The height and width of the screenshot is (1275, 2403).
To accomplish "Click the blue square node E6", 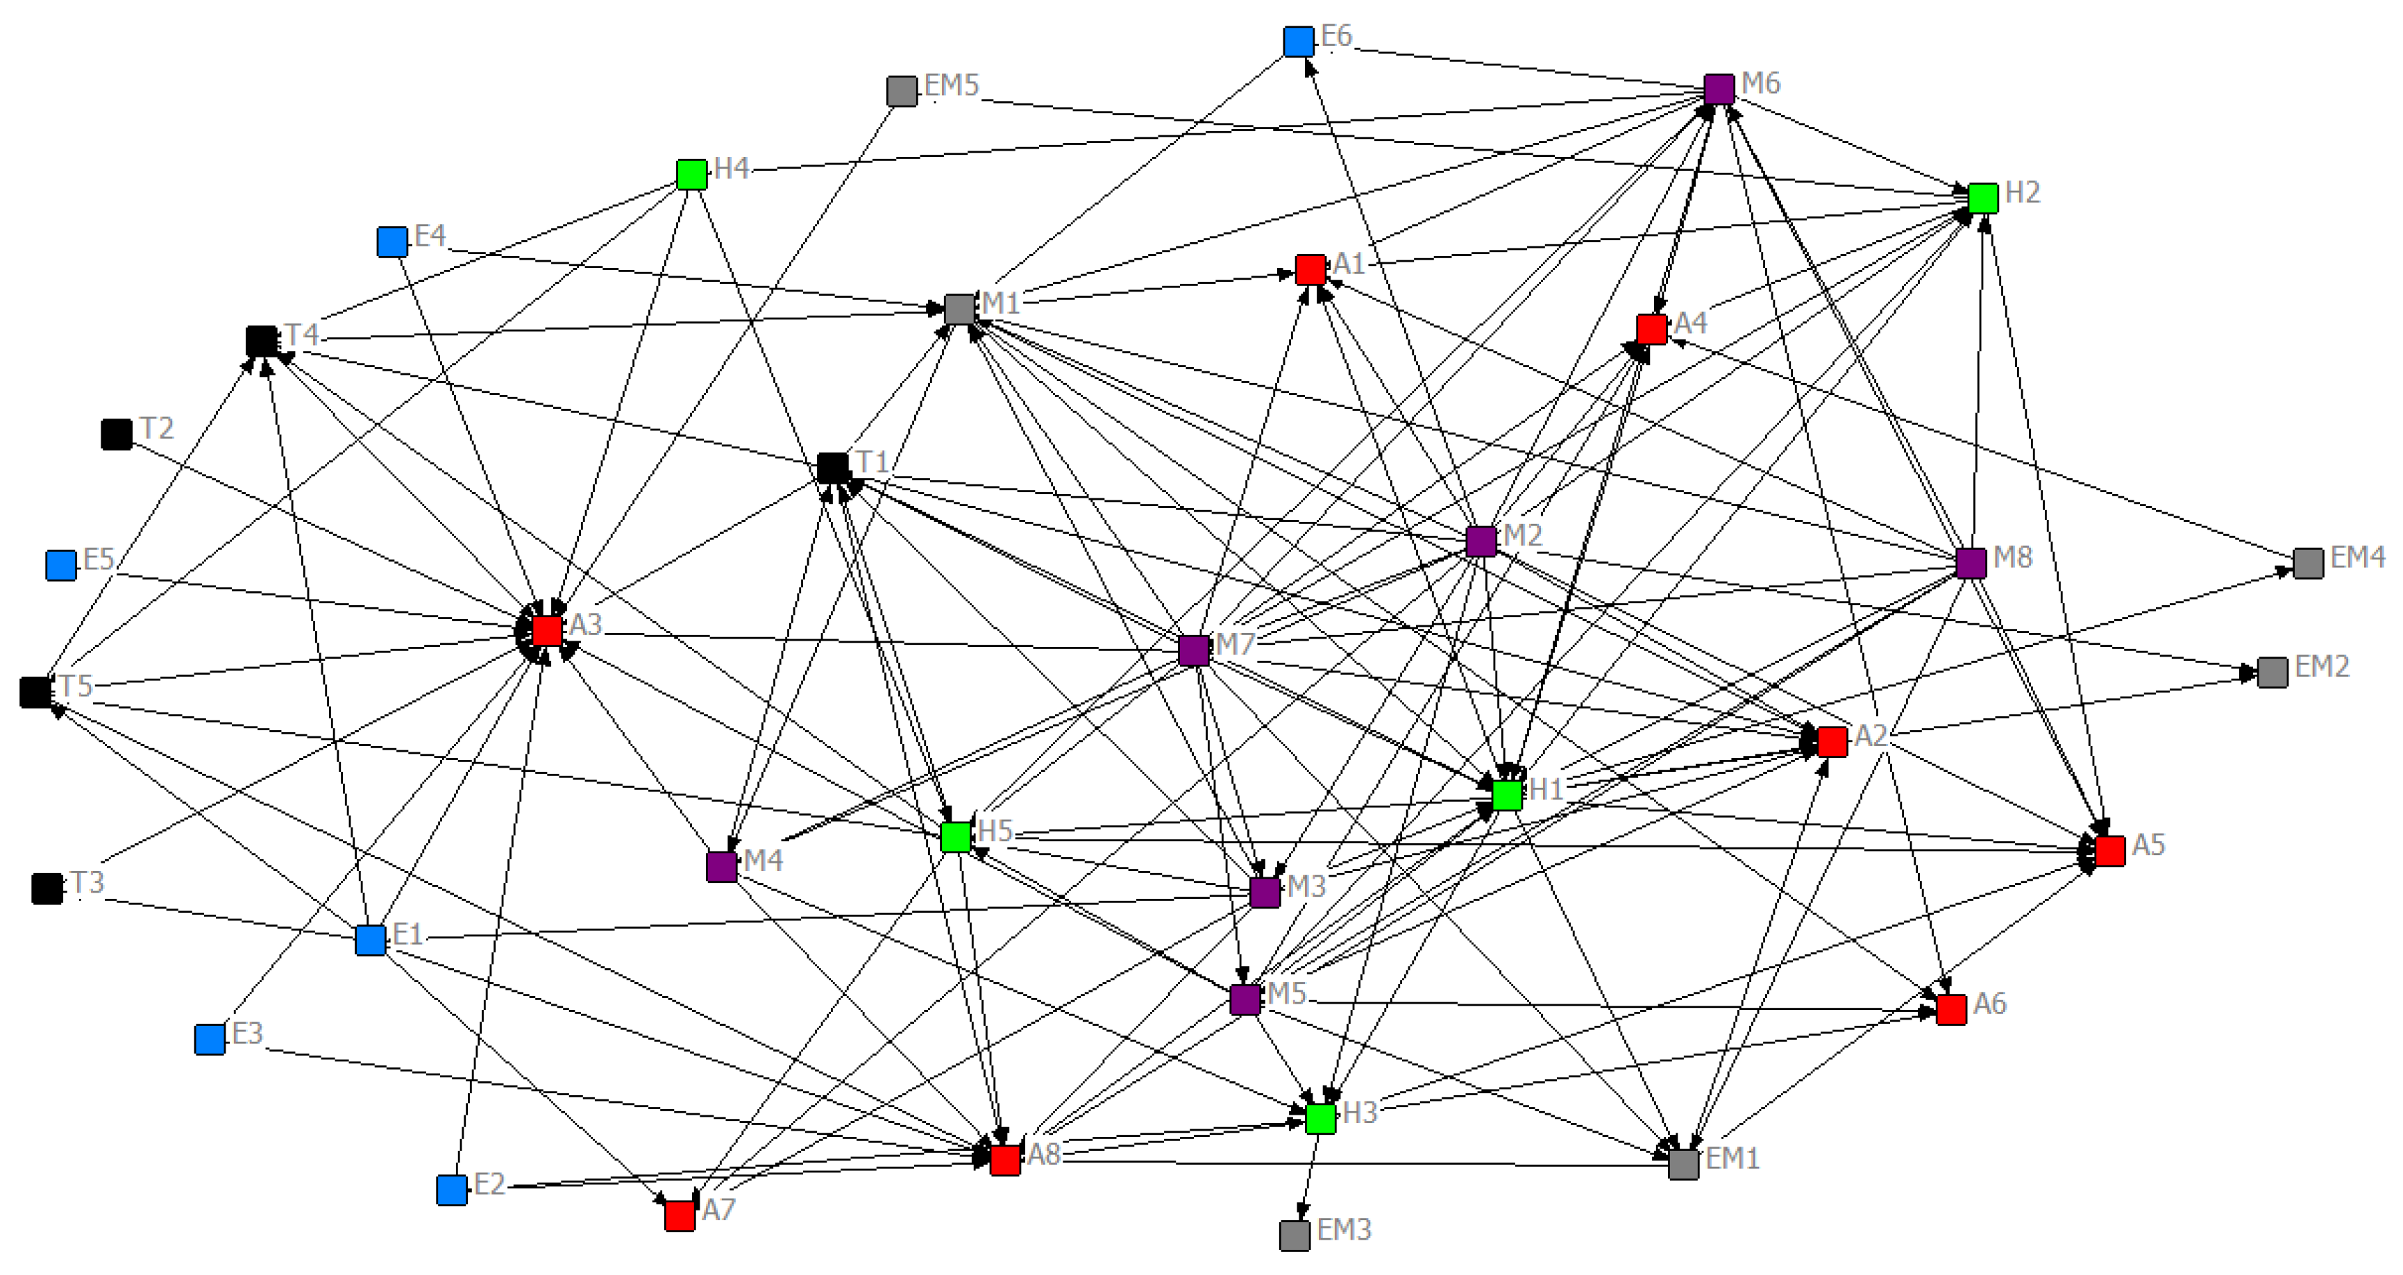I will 1299,42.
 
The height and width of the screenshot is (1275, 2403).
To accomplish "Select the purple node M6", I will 1719,89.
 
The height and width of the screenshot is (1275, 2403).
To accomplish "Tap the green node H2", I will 1982,198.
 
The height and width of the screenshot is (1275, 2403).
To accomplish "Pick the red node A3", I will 548,630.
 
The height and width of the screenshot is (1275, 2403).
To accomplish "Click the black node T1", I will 832,467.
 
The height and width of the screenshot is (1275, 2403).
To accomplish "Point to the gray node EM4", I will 2308,564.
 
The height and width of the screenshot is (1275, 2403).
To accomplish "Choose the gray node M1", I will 960,309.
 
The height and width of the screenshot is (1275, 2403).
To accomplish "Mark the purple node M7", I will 1194,650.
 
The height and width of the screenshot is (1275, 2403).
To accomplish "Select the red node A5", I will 2110,851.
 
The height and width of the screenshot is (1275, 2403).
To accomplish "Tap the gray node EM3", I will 1294,1236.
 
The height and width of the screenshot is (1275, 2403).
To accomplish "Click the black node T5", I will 35,692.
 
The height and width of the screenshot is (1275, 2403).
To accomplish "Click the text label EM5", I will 952,86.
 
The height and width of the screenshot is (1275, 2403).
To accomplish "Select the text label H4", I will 732,169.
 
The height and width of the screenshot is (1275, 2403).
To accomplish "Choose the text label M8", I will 2012,558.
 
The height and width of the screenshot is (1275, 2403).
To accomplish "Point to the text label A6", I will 1990,1004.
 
